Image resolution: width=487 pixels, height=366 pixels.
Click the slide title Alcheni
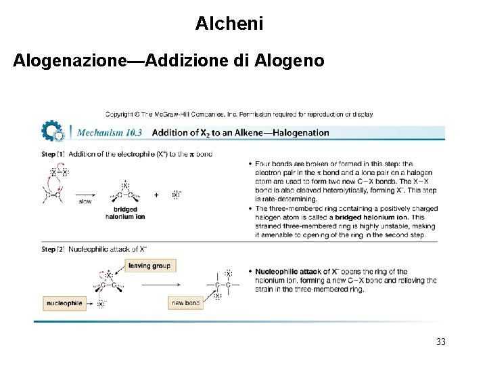[229, 24]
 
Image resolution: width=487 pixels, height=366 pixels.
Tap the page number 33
[441, 342]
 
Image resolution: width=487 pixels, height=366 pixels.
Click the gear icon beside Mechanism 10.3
[51, 131]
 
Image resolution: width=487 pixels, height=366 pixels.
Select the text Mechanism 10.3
[109, 133]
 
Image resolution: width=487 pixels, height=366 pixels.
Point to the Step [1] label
[53, 155]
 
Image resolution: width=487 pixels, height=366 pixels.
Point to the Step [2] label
[53, 249]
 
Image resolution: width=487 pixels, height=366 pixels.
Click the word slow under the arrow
[85, 201]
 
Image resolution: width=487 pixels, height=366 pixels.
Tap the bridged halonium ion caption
[125, 213]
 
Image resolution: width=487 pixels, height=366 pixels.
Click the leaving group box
[149, 266]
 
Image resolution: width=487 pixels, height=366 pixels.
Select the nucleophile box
[64, 302]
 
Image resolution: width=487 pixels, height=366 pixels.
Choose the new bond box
[185, 302]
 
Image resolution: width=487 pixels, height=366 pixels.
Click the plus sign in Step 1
[156, 195]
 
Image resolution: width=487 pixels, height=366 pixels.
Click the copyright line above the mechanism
[239, 114]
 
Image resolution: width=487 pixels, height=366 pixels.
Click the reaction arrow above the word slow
[85, 195]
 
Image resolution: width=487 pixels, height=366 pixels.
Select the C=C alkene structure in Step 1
[53, 195]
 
